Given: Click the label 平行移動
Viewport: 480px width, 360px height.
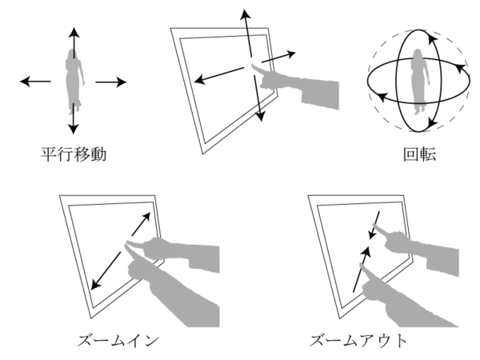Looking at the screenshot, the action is pos(74,154).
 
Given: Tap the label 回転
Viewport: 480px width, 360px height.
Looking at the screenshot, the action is pos(419,154).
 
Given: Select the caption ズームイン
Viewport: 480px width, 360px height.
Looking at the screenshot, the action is pos(118,341).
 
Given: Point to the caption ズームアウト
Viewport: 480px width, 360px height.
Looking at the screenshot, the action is pos(358,341).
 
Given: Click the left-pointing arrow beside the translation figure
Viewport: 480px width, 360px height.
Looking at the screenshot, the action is pos(35,82).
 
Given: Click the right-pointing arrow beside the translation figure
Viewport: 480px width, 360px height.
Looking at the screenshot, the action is pos(111,82).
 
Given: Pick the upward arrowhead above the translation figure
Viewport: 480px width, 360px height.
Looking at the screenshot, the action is pos(74,33).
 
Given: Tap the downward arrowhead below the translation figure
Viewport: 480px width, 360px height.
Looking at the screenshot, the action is pos(73,129).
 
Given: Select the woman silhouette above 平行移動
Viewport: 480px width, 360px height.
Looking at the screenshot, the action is pos(74,81).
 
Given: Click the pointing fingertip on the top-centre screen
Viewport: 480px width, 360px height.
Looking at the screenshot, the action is pos(253,66).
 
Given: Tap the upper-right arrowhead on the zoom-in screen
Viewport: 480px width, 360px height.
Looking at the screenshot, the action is pos(146,217).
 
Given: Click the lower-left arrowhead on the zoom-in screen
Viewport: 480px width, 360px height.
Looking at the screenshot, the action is pos(96,284).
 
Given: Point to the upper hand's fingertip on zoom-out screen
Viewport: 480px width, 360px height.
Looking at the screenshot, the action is pos(374,226).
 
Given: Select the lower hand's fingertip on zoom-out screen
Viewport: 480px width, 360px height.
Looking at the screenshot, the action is pos(362,266).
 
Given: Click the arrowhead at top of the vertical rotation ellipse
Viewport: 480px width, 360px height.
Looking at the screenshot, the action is pos(432,38).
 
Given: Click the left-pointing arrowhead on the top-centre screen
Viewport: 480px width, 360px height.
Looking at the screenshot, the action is pos(200,81).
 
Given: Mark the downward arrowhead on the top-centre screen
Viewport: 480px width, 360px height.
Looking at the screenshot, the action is pos(260,116).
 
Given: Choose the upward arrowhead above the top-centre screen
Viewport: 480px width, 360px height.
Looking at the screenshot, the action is pos(245,14).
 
